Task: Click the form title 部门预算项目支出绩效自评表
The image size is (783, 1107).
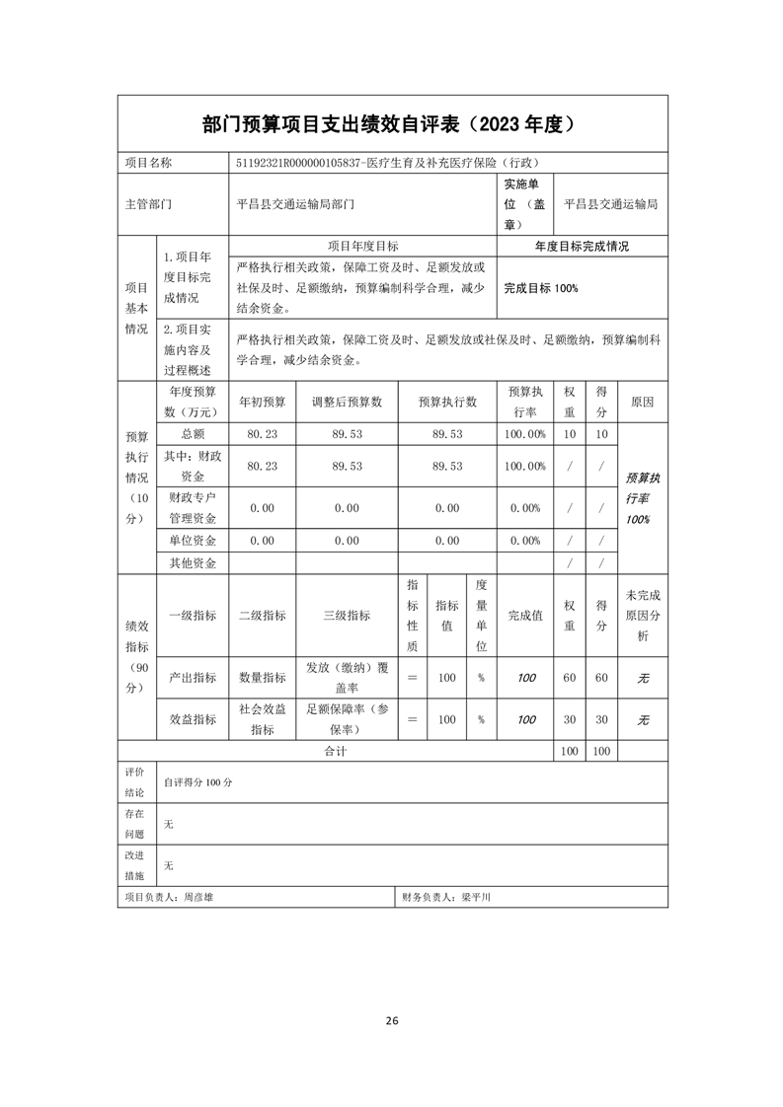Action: point(331,124)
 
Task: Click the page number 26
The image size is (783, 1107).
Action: point(392,1021)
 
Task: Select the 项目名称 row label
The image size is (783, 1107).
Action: point(148,163)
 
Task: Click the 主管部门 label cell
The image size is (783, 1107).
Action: point(148,204)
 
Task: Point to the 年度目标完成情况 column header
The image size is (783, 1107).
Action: point(582,247)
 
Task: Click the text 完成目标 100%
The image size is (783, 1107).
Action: point(540,288)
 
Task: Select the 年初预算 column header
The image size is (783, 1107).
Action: point(262,403)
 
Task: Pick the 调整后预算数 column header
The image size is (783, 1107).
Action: point(347,403)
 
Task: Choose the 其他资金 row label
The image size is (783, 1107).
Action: point(193,563)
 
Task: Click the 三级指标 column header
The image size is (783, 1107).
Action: point(347,615)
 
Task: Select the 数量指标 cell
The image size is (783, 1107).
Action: point(262,678)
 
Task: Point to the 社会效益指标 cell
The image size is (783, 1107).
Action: point(262,720)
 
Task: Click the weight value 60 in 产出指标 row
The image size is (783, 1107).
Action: point(569,678)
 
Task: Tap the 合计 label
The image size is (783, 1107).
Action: point(335,752)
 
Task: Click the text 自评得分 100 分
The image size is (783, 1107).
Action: point(197,781)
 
